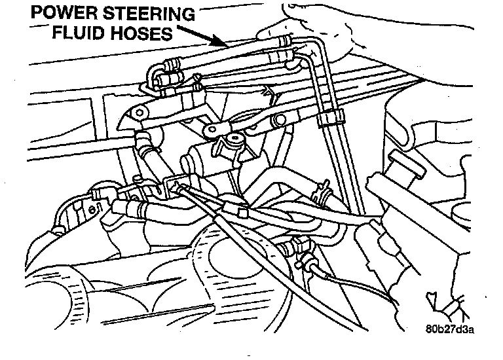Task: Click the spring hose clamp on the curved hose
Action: tap(320, 192)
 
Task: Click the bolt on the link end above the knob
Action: tap(214, 131)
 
